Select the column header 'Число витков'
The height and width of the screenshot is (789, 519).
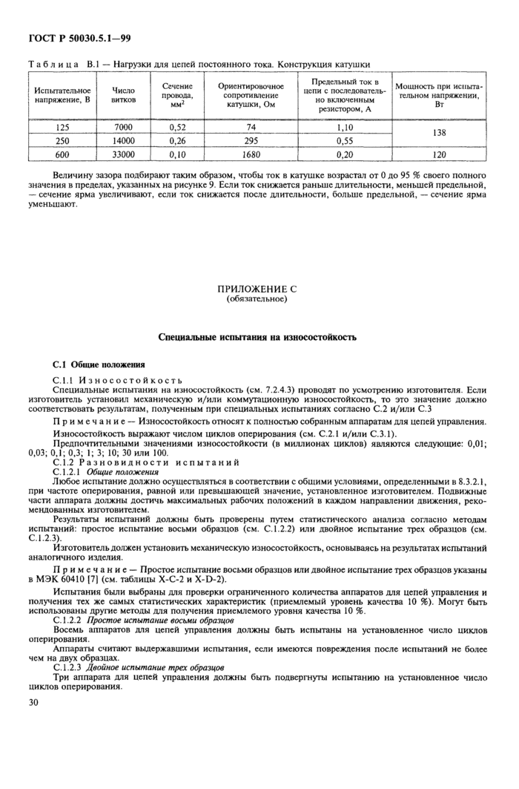coord(123,96)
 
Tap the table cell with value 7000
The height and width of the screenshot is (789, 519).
coord(123,127)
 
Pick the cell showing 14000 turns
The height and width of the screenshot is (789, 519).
coord(123,140)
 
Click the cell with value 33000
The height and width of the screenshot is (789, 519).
coord(123,154)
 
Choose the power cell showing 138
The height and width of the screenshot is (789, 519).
coord(439,134)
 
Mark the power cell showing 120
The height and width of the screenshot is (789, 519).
coord(439,154)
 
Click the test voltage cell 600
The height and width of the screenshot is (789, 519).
coord(62,154)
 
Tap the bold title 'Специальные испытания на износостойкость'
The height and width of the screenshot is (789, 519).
coord(257,337)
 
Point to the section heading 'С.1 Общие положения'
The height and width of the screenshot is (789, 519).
coord(99,365)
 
